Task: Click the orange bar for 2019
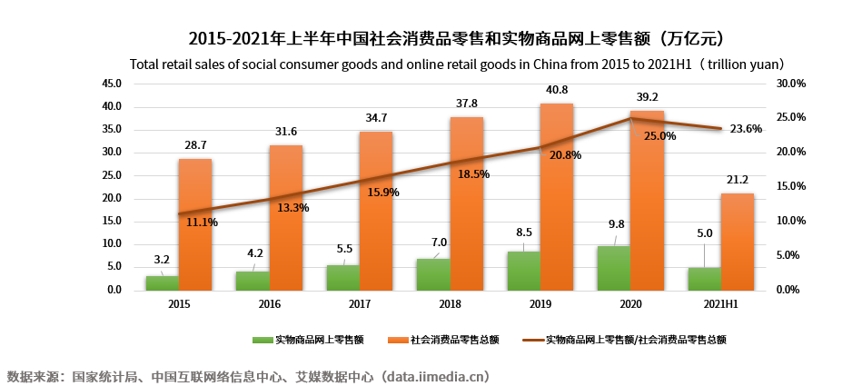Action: (x=557, y=196)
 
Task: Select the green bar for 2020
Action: (x=613, y=268)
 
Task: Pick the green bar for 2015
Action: (x=162, y=282)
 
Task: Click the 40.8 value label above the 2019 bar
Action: (x=557, y=90)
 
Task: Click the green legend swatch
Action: (x=263, y=341)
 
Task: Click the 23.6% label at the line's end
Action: (x=745, y=129)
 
